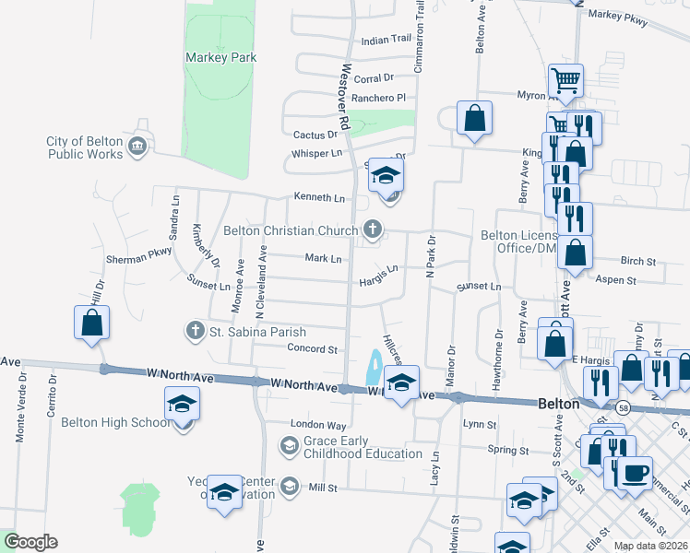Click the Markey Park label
pyautogui.click(x=220, y=57)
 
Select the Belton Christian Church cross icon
pyautogui.click(x=373, y=229)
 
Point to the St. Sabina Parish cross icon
pyautogui.click(x=195, y=329)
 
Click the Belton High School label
pyautogui.click(x=115, y=423)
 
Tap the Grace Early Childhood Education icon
pyautogui.click(x=289, y=447)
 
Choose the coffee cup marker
pyautogui.click(x=634, y=474)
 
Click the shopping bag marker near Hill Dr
pyautogui.click(x=90, y=324)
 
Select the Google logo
pyautogui.click(x=30, y=542)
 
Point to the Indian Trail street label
pyautogui.click(x=386, y=41)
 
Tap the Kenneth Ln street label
pyautogui.click(x=319, y=197)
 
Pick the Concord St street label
pyautogui.click(x=313, y=349)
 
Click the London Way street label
pyautogui.click(x=318, y=425)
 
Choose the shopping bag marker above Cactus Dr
pyautogui.click(x=474, y=119)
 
